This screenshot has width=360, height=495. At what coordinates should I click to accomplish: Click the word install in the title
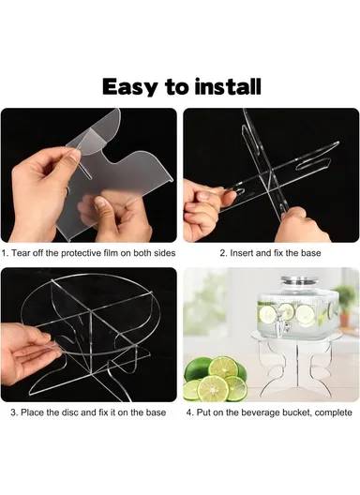point(225,86)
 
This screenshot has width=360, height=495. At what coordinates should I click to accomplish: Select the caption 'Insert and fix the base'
point(270,252)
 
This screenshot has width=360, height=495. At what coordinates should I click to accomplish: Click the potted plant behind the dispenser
point(345,300)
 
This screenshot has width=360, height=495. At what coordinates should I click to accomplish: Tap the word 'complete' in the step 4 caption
point(333,412)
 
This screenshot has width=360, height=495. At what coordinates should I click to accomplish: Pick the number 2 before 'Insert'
point(221,252)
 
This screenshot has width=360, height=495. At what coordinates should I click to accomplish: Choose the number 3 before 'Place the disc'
point(13,412)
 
